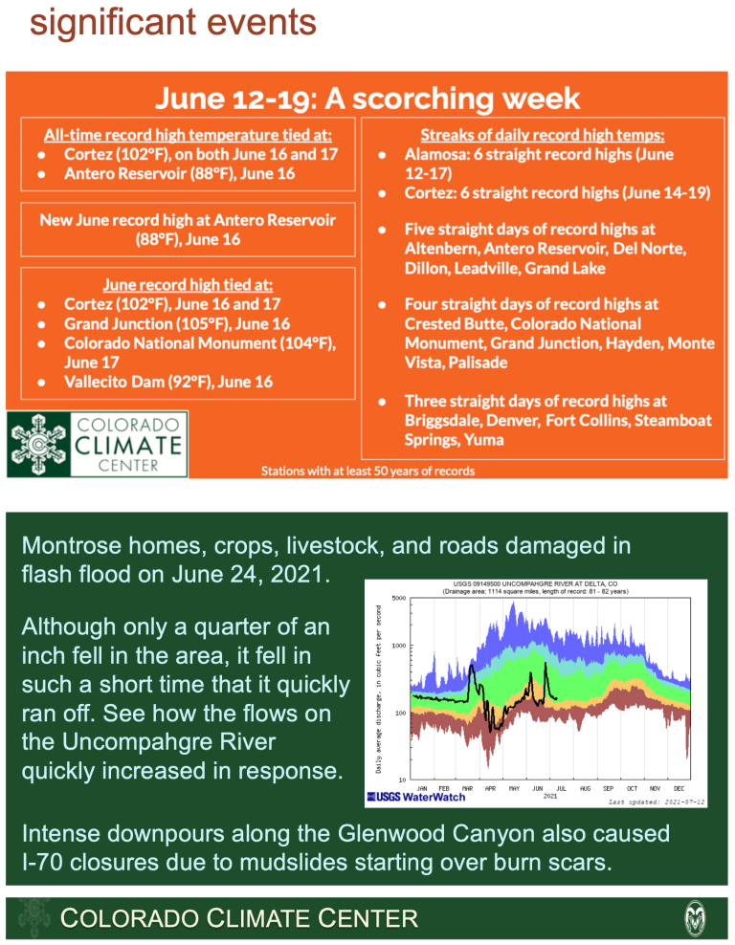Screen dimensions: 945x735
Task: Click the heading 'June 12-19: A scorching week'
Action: (367, 98)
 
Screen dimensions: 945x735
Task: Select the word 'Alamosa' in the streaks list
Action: (435, 154)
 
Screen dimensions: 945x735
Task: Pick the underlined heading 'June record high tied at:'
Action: (188, 284)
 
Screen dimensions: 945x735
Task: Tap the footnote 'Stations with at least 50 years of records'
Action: (367, 471)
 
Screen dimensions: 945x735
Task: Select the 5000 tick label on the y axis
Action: (399, 599)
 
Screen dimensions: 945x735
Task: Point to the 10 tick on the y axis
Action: (404, 780)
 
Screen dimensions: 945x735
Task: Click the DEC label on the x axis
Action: (679, 788)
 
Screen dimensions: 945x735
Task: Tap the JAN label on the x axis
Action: (421, 788)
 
